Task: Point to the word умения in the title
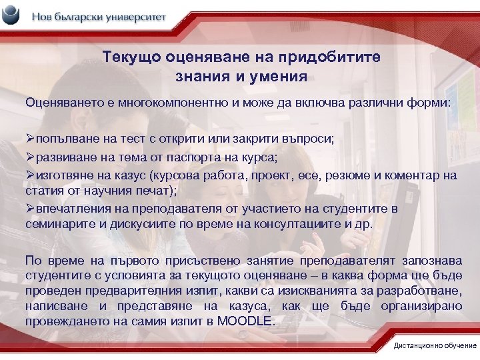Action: [277, 77]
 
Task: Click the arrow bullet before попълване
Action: [31, 138]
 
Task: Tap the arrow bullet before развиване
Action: [31, 157]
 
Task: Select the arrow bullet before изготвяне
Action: [31, 175]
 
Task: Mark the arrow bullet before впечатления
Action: [31, 209]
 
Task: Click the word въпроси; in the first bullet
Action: [313, 138]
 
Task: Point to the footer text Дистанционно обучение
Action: [435, 345]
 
